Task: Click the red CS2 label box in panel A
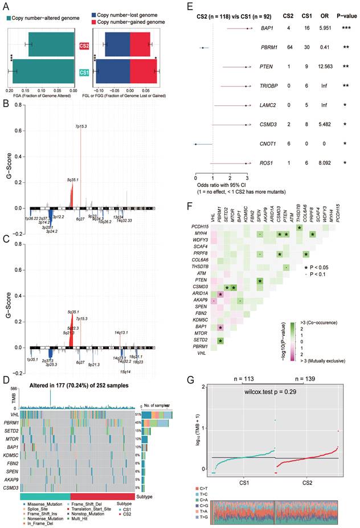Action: point(84,45)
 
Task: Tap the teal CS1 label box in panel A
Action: point(84,72)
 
